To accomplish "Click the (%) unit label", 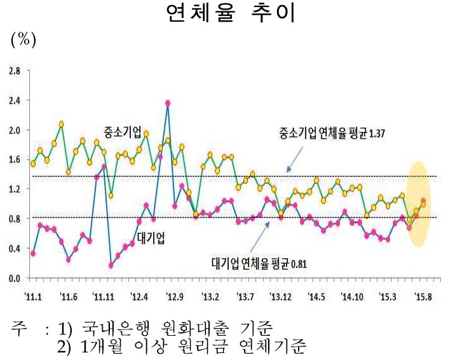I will click(x=24, y=39).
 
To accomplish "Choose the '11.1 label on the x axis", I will click(x=33, y=296).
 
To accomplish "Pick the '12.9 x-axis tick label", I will click(x=174, y=296).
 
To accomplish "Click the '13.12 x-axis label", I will click(x=281, y=296).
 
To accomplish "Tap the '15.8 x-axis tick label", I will click(x=423, y=296).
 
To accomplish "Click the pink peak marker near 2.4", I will click(x=168, y=103).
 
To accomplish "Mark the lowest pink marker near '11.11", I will click(x=111, y=265).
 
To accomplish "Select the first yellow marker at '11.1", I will click(x=33, y=163).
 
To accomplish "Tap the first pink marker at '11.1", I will click(x=33, y=253).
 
